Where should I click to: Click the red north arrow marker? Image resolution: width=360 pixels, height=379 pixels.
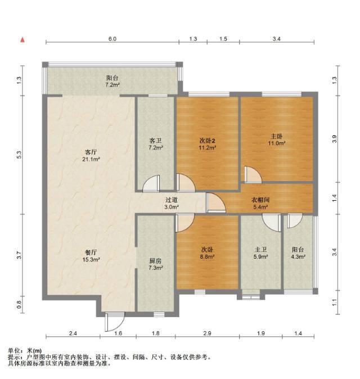22,40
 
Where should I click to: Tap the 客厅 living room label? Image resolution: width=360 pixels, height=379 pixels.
91,152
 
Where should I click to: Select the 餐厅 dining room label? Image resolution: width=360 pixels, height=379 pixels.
91,252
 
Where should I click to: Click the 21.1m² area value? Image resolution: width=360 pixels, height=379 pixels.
91,159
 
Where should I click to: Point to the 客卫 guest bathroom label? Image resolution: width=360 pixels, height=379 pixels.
155,141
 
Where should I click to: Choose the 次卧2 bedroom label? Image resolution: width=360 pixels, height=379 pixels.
208,141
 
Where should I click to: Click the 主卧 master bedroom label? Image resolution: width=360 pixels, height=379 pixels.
277,136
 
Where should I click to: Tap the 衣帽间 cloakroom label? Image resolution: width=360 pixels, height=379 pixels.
260,200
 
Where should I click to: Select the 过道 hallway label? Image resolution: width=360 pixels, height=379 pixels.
172,200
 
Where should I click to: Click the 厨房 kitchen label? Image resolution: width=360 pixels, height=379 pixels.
155,261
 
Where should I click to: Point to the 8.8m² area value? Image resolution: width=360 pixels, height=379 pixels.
207,256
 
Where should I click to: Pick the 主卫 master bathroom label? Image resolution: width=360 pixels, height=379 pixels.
260,250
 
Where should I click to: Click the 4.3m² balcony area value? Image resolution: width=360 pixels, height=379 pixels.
298,256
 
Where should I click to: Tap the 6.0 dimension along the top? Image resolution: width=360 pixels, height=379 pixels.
112,39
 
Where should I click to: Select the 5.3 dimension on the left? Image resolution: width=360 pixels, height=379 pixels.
19,155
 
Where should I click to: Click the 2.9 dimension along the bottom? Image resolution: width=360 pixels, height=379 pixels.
207,333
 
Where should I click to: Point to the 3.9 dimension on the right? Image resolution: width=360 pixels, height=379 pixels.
334,139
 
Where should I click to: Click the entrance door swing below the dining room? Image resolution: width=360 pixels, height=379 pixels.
115,322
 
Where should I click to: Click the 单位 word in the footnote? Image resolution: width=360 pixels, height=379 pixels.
13,350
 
